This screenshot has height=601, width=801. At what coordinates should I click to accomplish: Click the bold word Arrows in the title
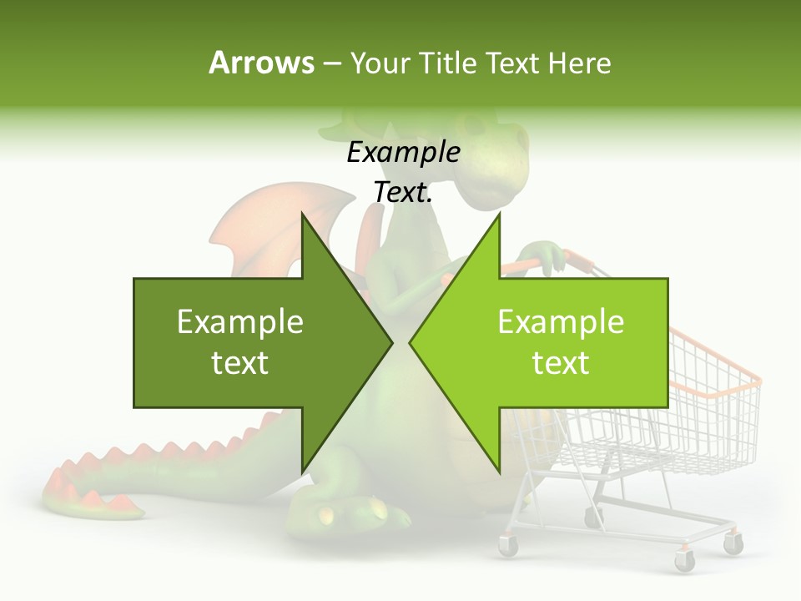click(x=261, y=63)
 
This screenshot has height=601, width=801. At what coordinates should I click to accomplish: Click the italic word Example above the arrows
click(x=403, y=152)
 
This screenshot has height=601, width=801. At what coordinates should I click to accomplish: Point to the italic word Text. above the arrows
click(x=403, y=192)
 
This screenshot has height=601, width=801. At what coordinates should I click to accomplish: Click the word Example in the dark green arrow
click(x=240, y=321)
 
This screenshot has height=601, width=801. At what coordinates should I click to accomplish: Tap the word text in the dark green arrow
click(x=240, y=363)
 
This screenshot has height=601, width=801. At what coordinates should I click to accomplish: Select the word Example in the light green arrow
click(x=561, y=321)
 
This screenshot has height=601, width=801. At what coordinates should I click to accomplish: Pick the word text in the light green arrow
click(x=561, y=363)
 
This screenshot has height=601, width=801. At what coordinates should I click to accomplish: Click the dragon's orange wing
click(x=259, y=230)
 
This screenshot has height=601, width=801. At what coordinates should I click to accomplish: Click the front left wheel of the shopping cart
click(x=508, y=546)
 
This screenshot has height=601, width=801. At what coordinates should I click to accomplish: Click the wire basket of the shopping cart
click(x=709, y=417)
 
